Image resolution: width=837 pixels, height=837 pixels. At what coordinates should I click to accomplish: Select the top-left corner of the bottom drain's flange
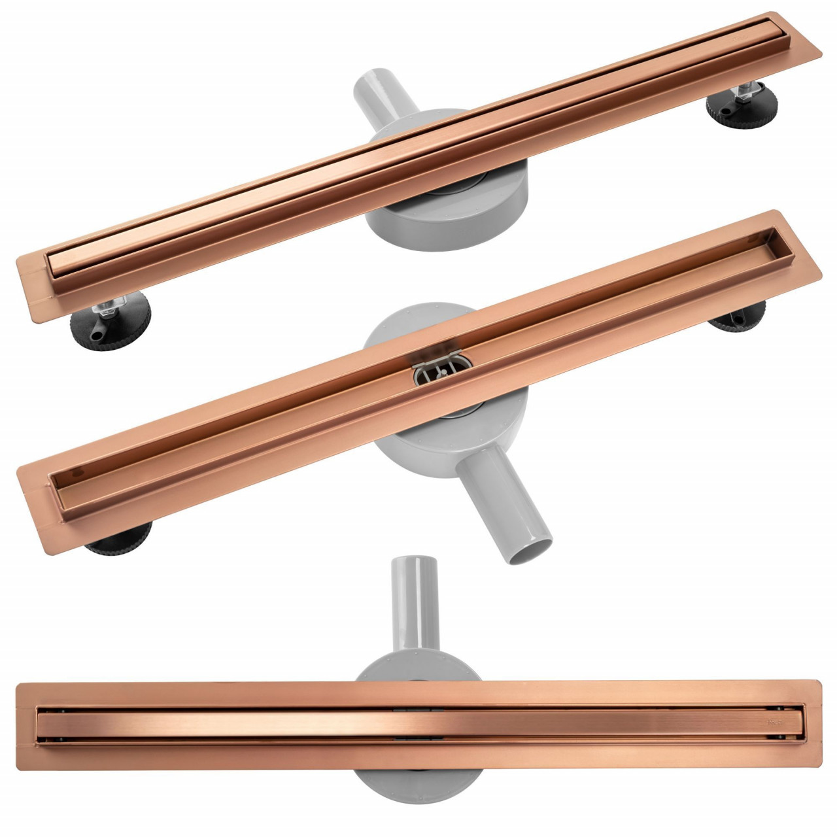click(18, 686)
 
